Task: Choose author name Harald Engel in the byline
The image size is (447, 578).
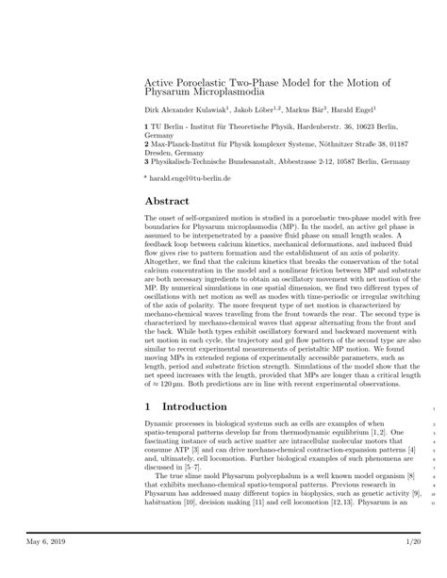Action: pyautogui.click(x=362, y=109)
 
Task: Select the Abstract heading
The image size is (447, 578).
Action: pyautogui.click(x=167, y=202)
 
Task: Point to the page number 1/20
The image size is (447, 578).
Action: pyautogui.click(x=408, y=541)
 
